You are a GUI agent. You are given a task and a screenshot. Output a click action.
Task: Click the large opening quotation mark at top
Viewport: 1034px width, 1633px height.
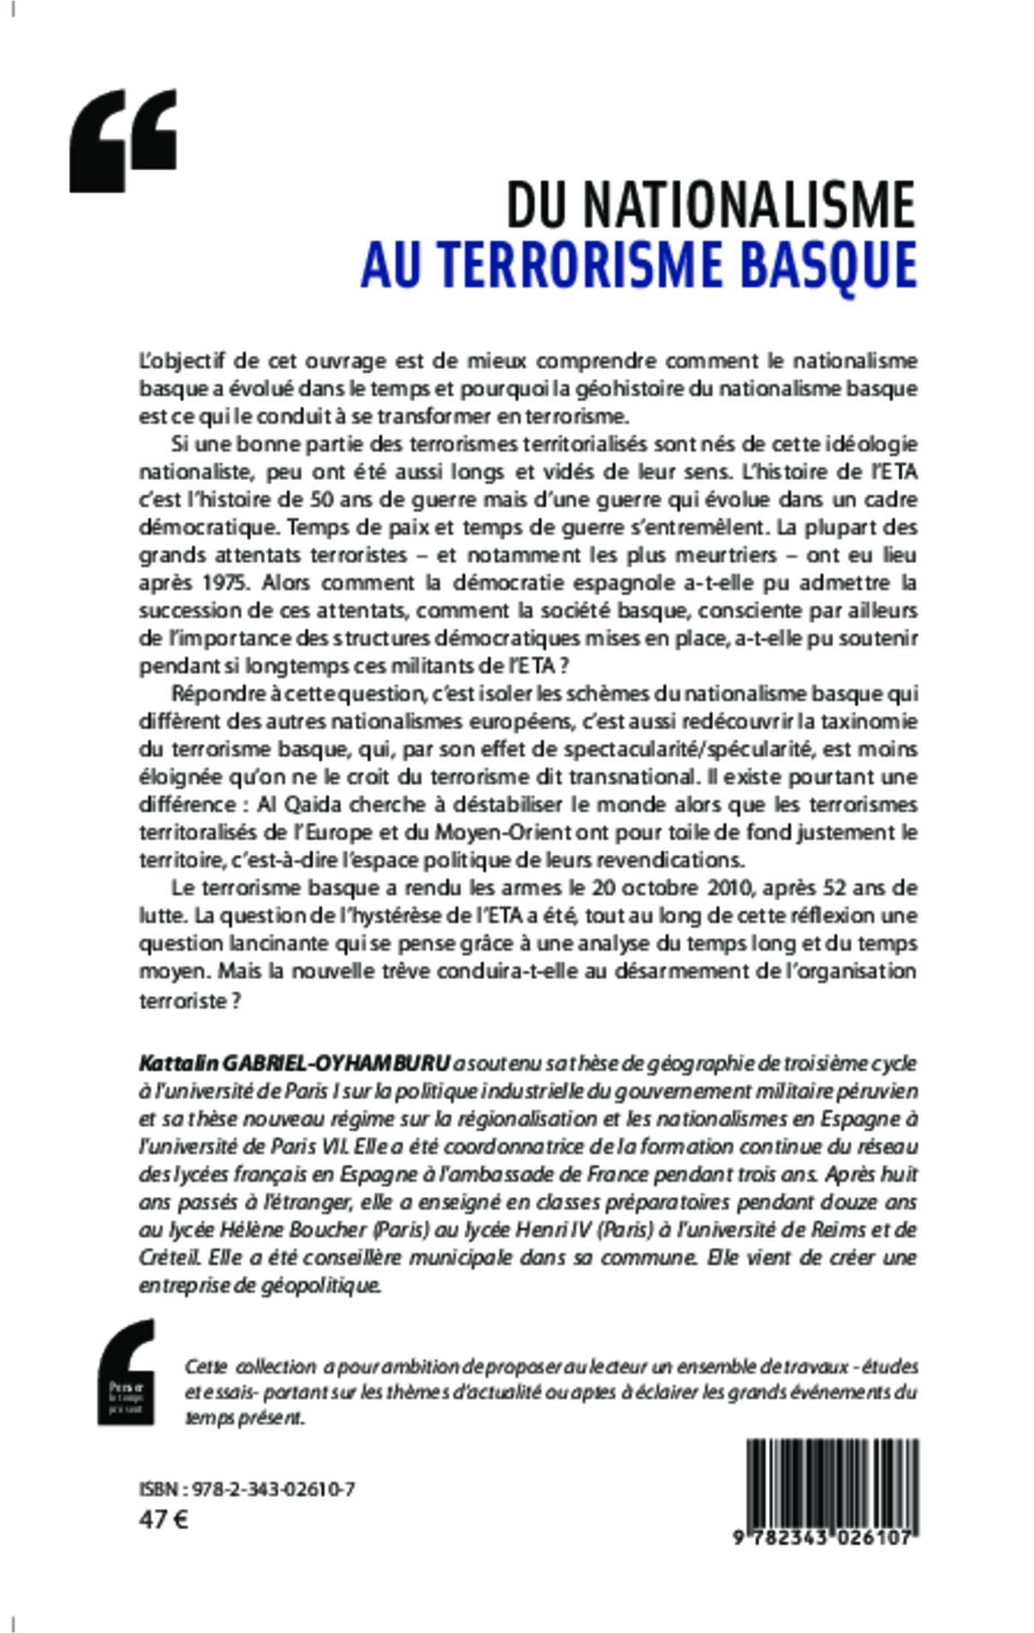pos(123,140)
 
